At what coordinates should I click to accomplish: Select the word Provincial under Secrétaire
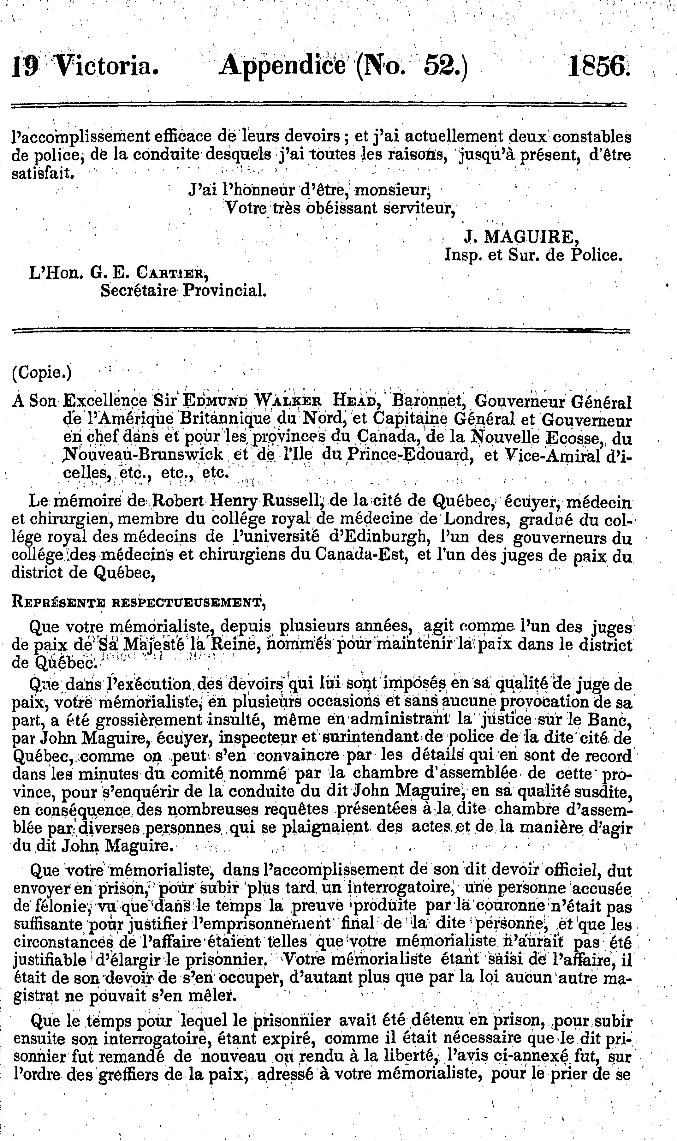coord(224,290)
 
